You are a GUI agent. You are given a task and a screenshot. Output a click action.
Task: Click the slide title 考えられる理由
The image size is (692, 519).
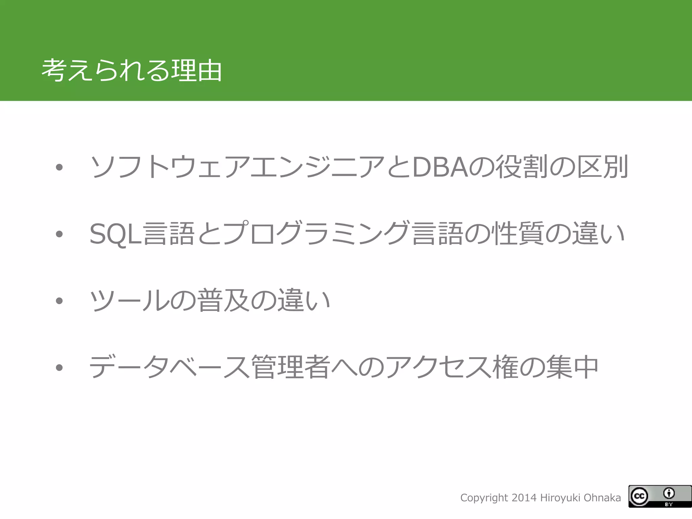coord(131,71)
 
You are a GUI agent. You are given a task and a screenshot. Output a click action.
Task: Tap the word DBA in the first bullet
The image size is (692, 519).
coord(440,167)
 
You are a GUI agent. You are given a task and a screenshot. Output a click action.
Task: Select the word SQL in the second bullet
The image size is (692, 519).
coord(115,234)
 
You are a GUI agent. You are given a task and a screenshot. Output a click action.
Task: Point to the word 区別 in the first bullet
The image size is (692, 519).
coord(602,167)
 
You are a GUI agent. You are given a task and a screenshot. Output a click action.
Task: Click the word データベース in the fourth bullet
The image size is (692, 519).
coord(169,367)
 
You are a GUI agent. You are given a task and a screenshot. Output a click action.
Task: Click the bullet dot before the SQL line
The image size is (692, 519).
coord(59,234)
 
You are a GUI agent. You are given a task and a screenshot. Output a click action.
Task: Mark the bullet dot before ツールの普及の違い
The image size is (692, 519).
coord(59,300)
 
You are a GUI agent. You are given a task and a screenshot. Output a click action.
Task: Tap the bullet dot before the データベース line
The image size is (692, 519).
coord(59,367)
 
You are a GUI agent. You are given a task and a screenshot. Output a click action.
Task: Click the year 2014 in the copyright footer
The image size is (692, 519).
coord(524,498)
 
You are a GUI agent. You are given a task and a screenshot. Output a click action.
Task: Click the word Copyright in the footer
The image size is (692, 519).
coord(484,498)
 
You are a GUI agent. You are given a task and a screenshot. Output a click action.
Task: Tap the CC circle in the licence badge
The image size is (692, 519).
coord(639,496)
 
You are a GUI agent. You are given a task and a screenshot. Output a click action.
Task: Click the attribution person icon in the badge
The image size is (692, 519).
coord(669,493)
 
